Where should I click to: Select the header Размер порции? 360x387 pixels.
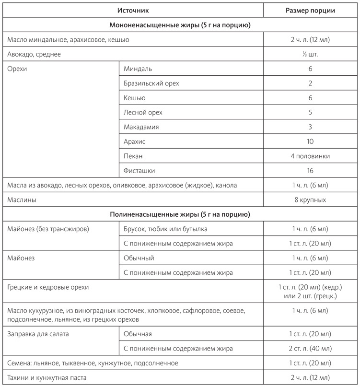310,10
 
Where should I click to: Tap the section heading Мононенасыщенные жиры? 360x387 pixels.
180,24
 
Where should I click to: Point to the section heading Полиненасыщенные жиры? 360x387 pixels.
180,214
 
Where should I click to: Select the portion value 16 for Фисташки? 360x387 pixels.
310,170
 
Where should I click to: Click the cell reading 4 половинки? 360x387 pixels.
310,156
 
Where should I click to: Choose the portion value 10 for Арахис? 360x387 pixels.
310,141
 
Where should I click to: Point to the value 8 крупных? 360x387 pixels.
310,199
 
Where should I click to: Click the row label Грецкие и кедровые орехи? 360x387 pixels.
48,287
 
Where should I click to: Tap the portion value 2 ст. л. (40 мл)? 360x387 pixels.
310,348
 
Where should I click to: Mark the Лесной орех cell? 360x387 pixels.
143,112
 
